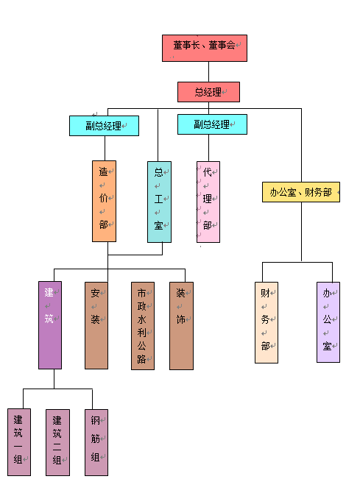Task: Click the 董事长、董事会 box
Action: pos(205,48)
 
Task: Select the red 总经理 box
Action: pos(208,92)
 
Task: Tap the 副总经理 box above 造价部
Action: pos(104,126)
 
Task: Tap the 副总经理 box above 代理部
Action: pos(213,124)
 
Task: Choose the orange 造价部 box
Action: pos(104,201)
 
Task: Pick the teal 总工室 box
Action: pos(160,202)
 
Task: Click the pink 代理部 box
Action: pos(208,202)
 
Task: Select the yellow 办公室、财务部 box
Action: pos(301,192)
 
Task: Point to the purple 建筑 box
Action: pos(50,325)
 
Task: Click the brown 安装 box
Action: pos(96,325)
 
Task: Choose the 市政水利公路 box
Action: pos(143,326)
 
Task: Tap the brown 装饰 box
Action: pos(182,326)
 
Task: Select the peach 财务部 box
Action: pos(267,322)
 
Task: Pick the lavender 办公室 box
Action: pos(328,322)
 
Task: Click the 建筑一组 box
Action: pos(19,442)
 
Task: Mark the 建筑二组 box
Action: pos(58,442)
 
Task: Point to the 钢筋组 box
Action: pos(96,442)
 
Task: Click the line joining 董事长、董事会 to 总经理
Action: pos(208,71)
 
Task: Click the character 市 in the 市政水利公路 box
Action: pos(141,293)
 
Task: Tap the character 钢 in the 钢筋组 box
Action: pos(96,420)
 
